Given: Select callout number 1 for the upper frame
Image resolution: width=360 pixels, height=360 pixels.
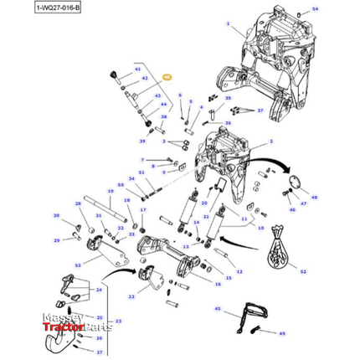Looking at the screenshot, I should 227,24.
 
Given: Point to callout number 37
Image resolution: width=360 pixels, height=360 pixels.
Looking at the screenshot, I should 260,111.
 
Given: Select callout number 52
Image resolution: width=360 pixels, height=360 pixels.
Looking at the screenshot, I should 304,272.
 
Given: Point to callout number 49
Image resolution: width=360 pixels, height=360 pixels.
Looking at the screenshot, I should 282,333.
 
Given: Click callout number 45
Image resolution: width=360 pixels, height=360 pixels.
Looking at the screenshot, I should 217,309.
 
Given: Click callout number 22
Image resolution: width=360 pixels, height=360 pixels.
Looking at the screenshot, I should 131,297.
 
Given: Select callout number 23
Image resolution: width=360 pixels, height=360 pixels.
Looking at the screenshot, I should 118,321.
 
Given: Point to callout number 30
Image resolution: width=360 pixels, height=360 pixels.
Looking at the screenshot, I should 57,217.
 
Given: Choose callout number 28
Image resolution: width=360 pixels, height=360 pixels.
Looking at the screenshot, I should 77,203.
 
